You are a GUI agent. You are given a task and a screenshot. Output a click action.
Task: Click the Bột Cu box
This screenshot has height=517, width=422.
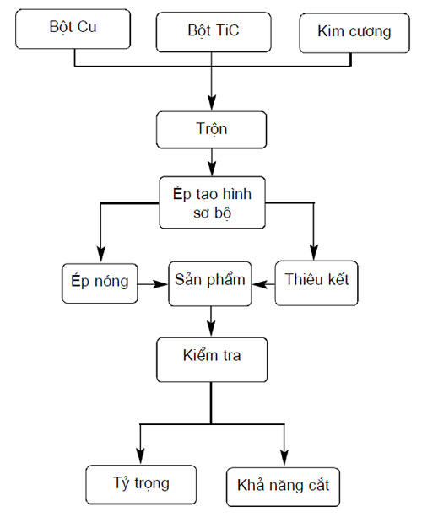tap(73, 29)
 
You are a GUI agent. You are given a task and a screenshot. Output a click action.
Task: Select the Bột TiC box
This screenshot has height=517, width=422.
tap(214, 32)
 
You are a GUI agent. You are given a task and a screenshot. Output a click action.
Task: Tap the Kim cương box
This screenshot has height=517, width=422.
tap(354, 33)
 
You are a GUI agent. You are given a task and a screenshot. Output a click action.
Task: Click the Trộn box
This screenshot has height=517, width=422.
tap(211, 130)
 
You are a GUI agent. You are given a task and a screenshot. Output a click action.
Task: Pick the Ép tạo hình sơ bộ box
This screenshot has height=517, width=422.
tap(212, 202)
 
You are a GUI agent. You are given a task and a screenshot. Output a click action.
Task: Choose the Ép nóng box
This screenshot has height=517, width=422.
tap(100, 283)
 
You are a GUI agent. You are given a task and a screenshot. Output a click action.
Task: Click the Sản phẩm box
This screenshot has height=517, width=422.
tap(210, 283)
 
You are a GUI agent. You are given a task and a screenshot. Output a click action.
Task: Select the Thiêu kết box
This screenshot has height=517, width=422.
tap(316, 283)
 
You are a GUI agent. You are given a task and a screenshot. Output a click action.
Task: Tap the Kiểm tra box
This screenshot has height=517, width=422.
tap(212, 360)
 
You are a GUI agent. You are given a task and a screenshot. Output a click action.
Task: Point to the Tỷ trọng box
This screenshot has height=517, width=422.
tap(141, 484)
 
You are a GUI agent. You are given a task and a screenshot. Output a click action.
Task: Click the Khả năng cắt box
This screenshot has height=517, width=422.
tap(283, 487)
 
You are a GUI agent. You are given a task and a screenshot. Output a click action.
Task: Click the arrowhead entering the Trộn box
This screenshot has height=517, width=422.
tap(212, 103)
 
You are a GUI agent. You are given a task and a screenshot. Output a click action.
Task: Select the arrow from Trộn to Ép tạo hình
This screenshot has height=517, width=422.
tap(212, 162)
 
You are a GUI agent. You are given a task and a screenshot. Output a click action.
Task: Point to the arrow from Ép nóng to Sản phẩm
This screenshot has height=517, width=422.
tap(153, 284)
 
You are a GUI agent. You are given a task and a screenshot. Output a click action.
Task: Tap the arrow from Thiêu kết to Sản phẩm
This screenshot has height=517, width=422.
tap(263, 284)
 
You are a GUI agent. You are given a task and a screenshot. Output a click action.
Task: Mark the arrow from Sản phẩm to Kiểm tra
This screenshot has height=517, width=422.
tap(211, 321)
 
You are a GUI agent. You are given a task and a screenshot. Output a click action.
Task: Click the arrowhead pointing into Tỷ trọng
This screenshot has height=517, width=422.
tap(141, 456)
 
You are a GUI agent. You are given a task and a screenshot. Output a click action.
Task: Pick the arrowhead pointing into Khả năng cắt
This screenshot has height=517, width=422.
tap(284, 458)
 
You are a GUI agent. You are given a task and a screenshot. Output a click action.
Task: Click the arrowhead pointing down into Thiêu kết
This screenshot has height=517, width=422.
tap(314, 253)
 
